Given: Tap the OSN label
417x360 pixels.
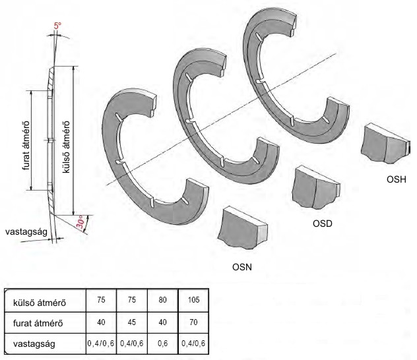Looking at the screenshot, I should [x=243, y=268].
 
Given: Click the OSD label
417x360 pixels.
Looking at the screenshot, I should [x=321, y=223].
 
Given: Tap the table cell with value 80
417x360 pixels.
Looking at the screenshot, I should [x=163, y=299].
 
